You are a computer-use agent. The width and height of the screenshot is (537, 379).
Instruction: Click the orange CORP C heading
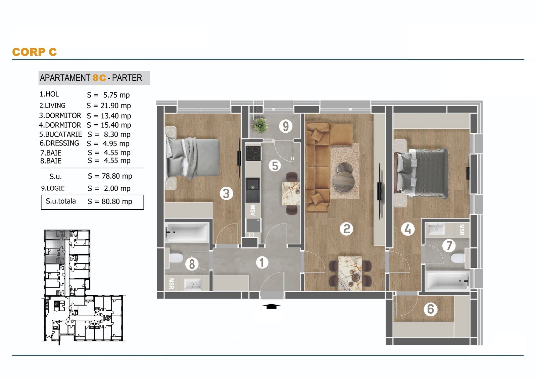click(x=35, y=52)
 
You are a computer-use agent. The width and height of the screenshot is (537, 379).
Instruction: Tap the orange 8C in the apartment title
click(x=99, y=78)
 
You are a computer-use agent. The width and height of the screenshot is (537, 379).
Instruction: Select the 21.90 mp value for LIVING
click(x=116, y=106)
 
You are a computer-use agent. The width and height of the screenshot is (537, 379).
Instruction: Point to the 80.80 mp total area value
click(x=117, y=202)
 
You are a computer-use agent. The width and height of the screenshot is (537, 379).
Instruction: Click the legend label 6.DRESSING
click(x=59, y=143)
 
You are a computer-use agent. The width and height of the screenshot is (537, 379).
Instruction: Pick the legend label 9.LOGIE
click(x=53, y=188)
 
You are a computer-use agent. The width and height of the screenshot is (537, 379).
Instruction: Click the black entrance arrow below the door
click(x=271, y=306)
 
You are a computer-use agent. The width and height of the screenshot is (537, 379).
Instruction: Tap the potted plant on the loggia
click(x=260, y=126)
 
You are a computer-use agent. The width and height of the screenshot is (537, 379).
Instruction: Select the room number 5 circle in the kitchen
click(x=275, y=166)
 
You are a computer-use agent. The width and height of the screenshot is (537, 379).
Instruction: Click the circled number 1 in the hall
click(x=262, y=263)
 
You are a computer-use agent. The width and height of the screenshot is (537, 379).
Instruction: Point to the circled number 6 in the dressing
click(x=431, y=309)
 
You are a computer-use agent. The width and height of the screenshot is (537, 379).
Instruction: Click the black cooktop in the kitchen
click(x=253, y=153)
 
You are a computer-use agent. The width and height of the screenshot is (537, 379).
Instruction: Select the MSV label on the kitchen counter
click(x=252, y=210)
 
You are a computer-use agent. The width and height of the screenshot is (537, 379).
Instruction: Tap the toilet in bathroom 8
click(x=176, y=258)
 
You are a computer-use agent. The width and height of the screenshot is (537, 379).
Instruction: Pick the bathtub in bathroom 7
click(x=447, y=280)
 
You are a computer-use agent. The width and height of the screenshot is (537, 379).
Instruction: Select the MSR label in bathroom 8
click(x=172, y=283)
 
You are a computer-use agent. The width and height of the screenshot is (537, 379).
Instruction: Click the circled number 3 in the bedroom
click(x=226, y=193)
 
